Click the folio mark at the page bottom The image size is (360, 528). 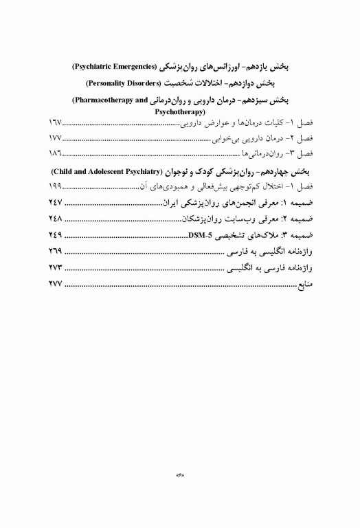coord(181,473)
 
